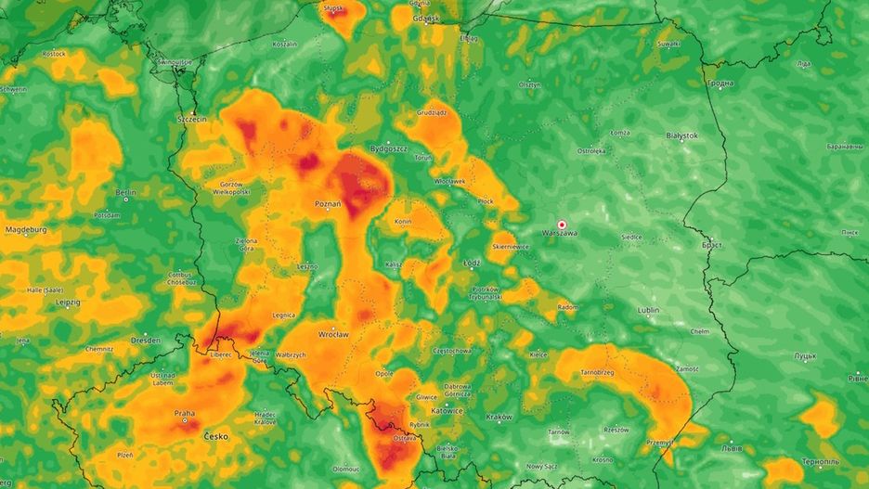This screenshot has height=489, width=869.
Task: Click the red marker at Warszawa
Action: click(562, 225)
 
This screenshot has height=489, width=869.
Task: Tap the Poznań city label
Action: click(328, 203)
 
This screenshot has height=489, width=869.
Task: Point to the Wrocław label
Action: click(332, 333)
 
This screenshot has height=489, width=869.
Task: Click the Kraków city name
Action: click(499, 417)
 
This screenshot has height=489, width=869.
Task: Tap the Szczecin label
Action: click(192, 120)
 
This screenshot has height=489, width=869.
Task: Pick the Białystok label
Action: click(682, 135)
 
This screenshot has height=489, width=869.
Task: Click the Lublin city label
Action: click(649, 311)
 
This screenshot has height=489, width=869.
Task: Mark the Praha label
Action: click(185, 414)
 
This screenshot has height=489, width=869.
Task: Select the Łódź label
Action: click(472, 263)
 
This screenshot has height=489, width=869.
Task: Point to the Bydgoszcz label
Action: click(388, 148)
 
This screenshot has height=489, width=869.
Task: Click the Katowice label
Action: click(447, 409)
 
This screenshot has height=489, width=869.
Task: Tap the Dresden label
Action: click(146, 341)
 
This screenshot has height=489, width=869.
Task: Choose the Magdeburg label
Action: click(26, 229)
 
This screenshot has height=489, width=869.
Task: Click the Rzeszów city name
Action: click(616, 430)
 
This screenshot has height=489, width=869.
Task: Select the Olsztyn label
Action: click(529, 84)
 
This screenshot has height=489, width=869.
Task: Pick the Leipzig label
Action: click(67, 302)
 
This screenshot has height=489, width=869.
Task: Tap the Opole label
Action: click(383, 373)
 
